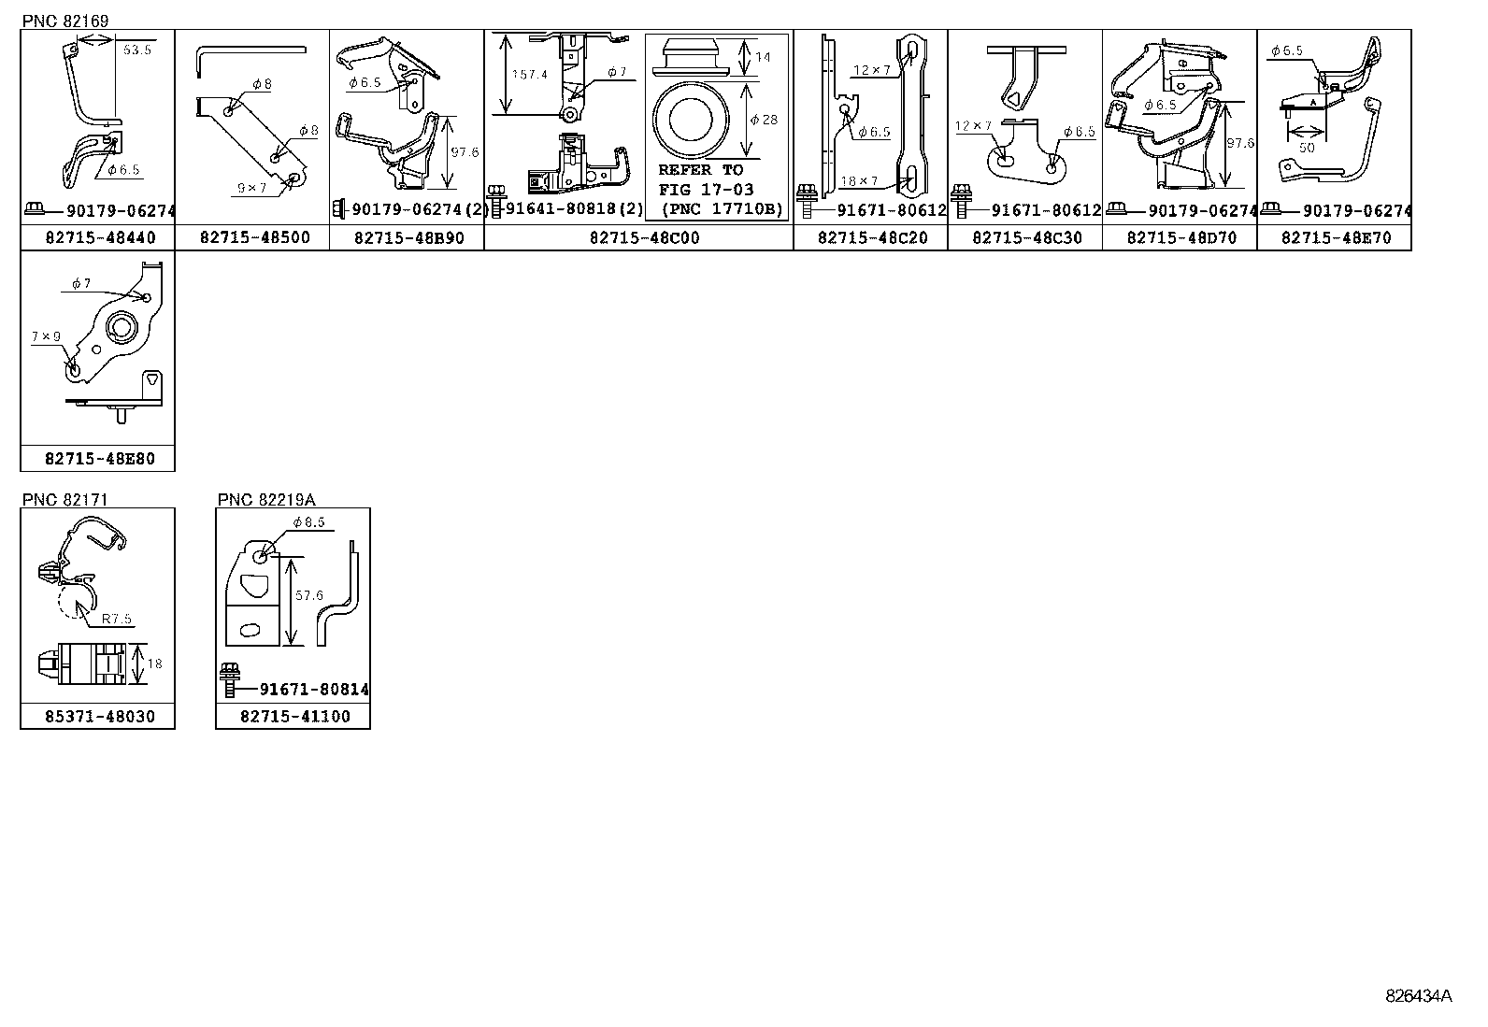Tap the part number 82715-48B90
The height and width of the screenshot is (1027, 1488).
(x=408, y=238)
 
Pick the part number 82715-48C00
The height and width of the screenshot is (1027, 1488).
(x=644, y=238)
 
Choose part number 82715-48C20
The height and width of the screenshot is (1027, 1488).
(x=872, y=238)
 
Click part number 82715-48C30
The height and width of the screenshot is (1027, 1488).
(x=1026, y=238)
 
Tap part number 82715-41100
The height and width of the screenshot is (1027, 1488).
(x=294, y=717)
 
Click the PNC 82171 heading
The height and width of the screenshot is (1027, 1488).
(x=64, y=500)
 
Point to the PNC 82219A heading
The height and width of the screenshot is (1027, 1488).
(x=266, y=500)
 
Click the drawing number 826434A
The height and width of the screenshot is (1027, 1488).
(x=1418, y=996)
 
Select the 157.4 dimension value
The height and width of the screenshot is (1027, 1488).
(x=530, y=75)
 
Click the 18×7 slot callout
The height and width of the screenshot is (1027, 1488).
(x=860, y=181)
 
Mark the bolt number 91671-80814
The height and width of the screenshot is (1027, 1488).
(x=301, y=690)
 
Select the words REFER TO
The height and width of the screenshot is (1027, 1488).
(x=700, y=170)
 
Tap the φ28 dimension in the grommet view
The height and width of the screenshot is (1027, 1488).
(x=764, y=120)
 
